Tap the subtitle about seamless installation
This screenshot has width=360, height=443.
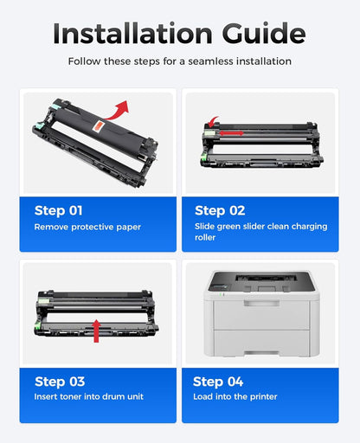(x=179, y=61)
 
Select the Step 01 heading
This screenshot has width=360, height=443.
(x=59, y=210)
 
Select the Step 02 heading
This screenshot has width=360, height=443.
(x=220, y=210)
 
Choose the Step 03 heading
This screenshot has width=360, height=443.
(x=60, y=381)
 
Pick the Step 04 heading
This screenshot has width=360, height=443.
(x=219, y=381)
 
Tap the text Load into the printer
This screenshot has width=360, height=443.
(x=235, y=396)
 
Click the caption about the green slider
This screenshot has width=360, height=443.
(x=260, y=231)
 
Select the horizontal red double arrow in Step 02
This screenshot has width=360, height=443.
(x=228, y=133)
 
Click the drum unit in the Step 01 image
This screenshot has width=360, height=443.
(x=87, y=143)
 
